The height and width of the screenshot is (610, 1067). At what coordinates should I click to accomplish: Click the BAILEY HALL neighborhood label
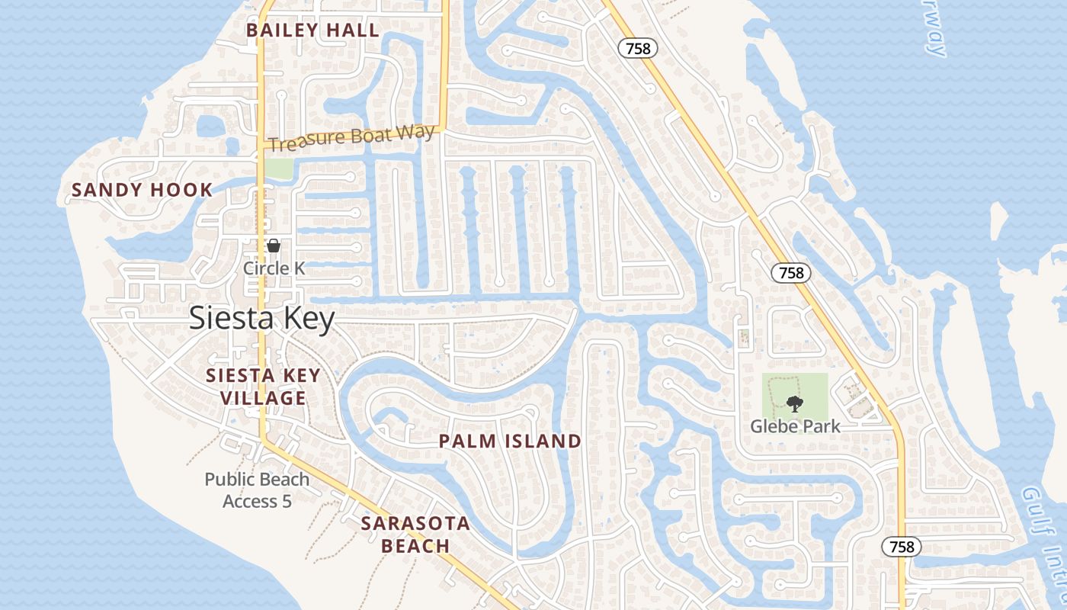tap(312, 30)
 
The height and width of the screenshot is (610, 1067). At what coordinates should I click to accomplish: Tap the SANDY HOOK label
tap(142, 190)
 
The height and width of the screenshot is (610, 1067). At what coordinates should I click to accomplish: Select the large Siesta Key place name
tap(261, 318)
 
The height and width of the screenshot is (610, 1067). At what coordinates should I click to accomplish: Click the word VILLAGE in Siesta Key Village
tap(263, 398)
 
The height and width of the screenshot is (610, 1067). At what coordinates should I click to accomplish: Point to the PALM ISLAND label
tap(510, 441)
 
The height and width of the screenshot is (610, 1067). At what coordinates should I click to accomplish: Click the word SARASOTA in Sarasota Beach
tap(415, 524)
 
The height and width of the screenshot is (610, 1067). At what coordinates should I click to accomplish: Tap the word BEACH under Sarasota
tap(415, 546)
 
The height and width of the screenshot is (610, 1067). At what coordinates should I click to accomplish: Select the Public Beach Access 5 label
tap(257, 490)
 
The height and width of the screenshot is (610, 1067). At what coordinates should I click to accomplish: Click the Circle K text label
tap(274, 268)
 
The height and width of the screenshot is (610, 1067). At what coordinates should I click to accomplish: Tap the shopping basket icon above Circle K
tap(274, 246)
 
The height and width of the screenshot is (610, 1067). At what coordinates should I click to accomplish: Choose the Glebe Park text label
tap(795, 426)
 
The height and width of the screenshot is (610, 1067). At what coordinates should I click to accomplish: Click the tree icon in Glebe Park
tap(795, 403)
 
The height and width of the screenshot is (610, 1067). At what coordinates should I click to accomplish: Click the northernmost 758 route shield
tap(637, 48)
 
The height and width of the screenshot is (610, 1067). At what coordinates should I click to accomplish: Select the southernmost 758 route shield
tap(902, 547)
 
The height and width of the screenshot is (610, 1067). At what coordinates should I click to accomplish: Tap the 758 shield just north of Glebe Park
tap(791, 272)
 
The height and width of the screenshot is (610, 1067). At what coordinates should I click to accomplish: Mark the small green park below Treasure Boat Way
tap(279, 169)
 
